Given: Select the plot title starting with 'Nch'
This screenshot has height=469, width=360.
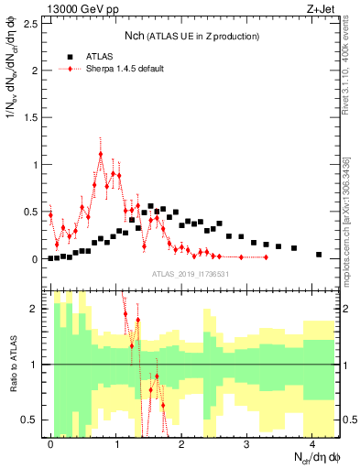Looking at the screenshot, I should [192, 36].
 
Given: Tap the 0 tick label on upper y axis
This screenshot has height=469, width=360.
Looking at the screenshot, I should [35, 259].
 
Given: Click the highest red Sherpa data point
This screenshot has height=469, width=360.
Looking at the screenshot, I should [100, 154].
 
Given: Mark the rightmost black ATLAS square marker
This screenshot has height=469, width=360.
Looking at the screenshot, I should [319, 255].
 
